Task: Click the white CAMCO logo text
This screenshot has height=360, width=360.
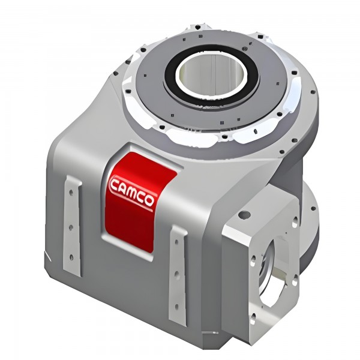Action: pos(132,191)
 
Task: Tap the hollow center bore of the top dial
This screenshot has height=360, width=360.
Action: pos(211,74)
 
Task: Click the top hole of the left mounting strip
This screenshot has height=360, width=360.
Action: pos(71,192)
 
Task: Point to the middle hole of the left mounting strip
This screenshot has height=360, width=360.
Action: pos(71,227)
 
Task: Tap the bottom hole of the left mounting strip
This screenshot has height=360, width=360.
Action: pos(71,257)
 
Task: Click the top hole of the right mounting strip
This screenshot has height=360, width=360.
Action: pos(176,242)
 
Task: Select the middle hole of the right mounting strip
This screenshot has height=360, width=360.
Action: pos(176,274)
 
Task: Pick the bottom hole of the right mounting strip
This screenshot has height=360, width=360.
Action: pos(176,307)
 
